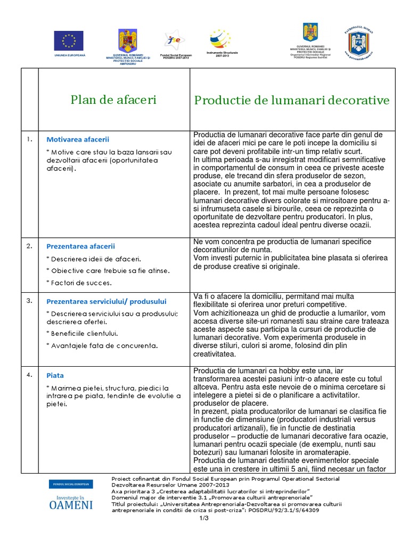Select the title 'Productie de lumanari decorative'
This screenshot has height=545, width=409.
(x=292, y=100)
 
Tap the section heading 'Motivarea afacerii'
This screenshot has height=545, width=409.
(x=78, y=139)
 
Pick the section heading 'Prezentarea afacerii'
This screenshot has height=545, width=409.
(x=80, y=246)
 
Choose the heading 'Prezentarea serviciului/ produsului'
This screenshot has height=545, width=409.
(x=107, y=301)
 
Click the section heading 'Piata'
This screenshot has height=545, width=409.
(x=55, y=375)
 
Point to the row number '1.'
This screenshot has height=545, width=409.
(x=29, y=139)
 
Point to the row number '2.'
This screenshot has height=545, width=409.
(x=29, y=246)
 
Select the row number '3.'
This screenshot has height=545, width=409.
(x=29, y=301)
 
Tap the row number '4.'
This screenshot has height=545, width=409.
(x=29, y=375)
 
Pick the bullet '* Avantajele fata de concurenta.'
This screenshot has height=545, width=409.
(x=102, y=346)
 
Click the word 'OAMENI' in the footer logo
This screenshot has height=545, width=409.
(x=71, y=505)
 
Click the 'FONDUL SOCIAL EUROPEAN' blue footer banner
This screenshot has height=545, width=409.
(x=70, y=484)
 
